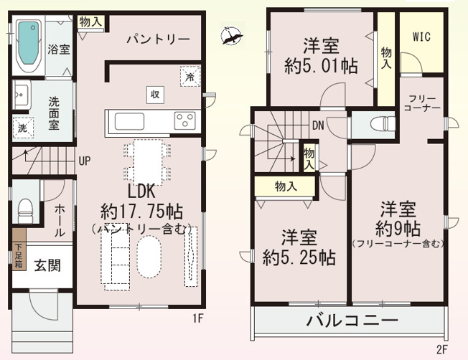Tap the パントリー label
[x=158, y=39]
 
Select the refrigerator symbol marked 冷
[x=189, y=76]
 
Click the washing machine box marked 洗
[x=22, y=128]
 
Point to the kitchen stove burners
[x=184, y=119]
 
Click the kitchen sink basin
[x=128, y=120]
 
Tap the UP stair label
[x=85, y=160]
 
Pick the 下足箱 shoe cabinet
[x=17, y=256]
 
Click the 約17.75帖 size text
[x=141, y=212]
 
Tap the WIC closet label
[x=421, y=37]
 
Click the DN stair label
[x=317, y=123]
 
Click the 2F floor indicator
[x=441, y=349]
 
